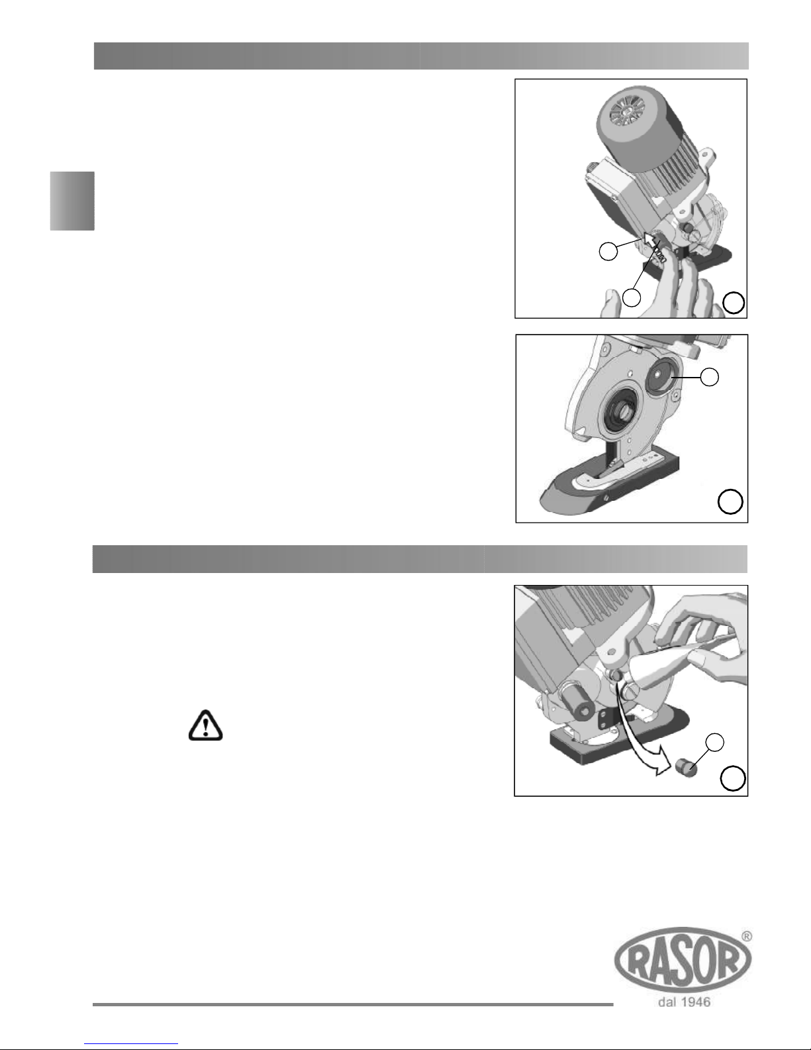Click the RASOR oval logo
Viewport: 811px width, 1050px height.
[x=683, y=959]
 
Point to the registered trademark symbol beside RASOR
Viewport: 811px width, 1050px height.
[x=746, y=936]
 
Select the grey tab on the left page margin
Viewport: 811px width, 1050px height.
[x=72, y=201]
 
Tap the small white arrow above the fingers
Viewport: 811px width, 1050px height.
[x=649, y=239]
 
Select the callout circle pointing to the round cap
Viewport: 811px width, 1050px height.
[x=710, y=377]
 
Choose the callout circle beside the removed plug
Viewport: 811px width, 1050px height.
[x=715, y=743]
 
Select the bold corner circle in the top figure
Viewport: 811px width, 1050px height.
[x=734, y=303]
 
